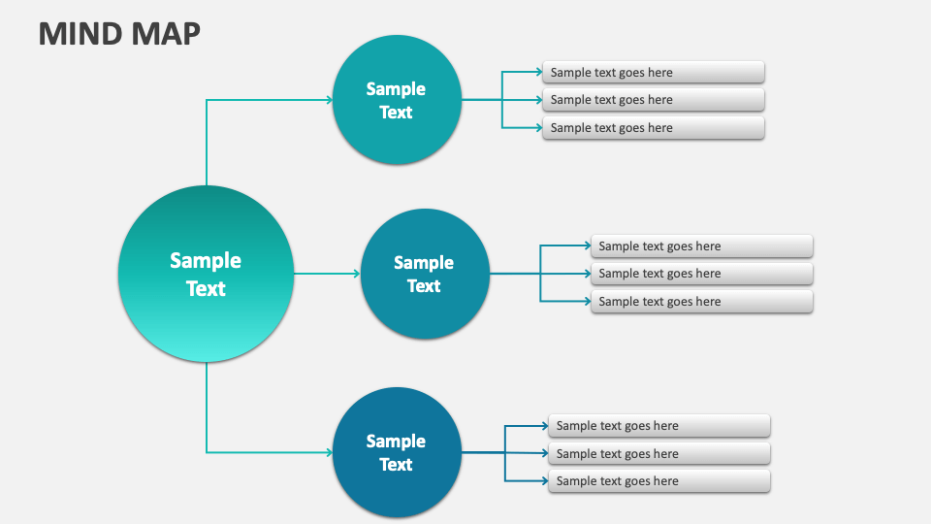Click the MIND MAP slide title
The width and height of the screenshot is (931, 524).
(119, 32)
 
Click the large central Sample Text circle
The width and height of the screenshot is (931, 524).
(206, 275)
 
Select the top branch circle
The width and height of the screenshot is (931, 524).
(396, 99)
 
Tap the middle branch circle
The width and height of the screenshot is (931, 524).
(424, 274)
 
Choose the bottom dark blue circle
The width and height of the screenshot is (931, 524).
(396, 452)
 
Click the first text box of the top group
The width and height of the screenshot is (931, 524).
(654, 72)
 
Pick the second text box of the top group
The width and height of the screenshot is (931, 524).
(654, 100)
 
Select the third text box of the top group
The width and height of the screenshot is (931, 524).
(654, 128)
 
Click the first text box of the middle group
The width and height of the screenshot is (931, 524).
(702, 246)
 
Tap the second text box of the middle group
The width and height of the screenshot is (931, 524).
(702, 274)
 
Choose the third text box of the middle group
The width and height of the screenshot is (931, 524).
(702, 302)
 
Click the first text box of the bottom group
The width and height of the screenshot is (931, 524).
(659, 426)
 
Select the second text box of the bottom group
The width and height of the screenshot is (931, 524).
(659, 454)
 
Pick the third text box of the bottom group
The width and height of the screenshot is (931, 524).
(659, 481)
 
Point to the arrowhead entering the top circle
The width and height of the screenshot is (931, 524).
(328, 99)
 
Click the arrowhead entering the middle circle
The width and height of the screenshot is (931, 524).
(356, 274)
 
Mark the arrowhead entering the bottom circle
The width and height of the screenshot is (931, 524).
(328, 452)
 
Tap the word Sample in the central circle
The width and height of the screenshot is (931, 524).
(206, 260)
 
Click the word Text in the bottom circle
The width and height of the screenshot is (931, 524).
(396, 465)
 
